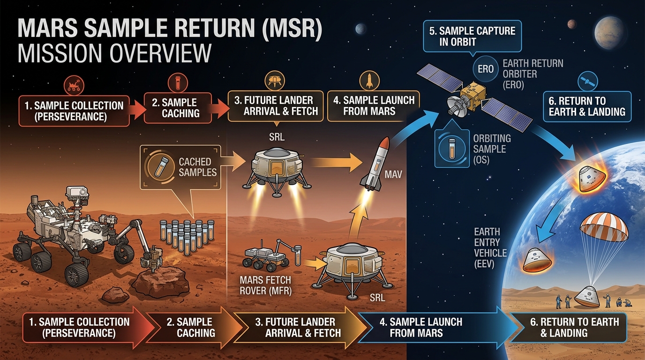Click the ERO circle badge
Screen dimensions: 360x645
point(486,68)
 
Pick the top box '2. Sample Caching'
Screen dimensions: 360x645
point(177,107)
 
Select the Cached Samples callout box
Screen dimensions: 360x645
point(180,167)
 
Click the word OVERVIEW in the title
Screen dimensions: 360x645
point(114,53)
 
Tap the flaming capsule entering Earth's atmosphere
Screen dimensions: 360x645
point(591,178)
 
